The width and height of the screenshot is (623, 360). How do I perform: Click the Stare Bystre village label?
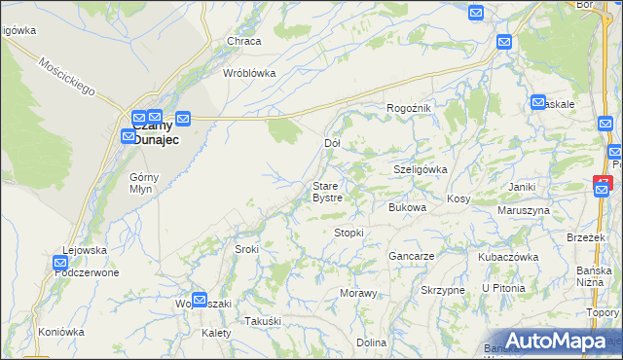click(326, 192)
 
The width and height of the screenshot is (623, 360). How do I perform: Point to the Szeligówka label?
click(420, 168)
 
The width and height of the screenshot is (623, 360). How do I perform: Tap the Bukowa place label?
click(408, 207)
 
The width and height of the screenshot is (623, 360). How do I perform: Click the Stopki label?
click(348, 233)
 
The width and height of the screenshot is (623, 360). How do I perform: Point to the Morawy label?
click(357, 293)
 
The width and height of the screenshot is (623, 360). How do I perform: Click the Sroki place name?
click(246, 249)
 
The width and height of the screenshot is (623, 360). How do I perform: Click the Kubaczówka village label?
click(508, 257)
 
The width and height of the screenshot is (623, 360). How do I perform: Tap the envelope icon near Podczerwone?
click(60, 262)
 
